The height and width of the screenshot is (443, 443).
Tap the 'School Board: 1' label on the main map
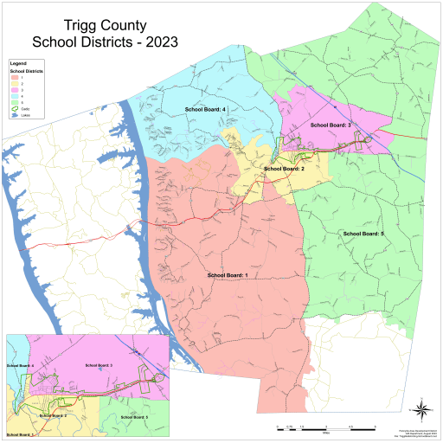point(228,274)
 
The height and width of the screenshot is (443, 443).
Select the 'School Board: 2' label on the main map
point(284,169)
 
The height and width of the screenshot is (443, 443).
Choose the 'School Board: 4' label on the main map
point(205,110)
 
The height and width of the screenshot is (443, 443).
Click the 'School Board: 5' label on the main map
point(363,234)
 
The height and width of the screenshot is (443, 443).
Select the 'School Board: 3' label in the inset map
point(100,366)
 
